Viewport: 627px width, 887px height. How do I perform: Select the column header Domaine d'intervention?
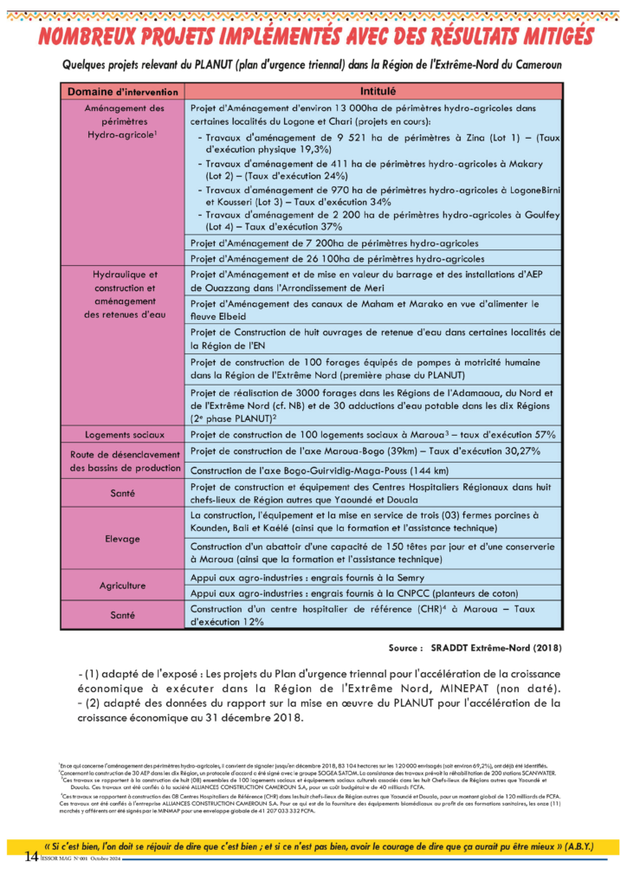(x=123, y=91)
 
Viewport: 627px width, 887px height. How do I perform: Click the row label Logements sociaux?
(x=123, y=434)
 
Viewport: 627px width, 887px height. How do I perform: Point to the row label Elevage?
(x=123, y=539)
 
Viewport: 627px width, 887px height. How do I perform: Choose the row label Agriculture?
(x=123, y=586)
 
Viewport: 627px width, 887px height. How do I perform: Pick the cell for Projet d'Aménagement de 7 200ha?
(x=334, y=243)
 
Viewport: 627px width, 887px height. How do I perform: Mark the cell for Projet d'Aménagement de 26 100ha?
(x=337, y=258)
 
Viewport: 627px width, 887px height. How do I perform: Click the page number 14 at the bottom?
(x=31, y=858)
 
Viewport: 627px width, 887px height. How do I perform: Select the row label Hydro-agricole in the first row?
(x=122, y=136)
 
